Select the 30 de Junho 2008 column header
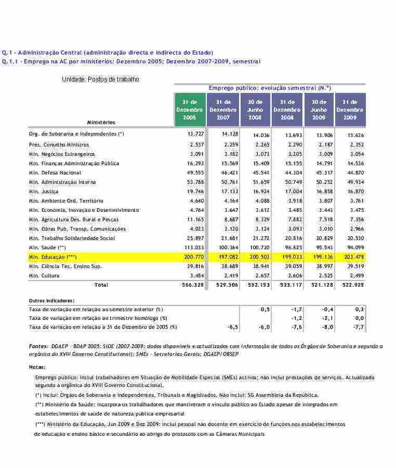(x=255, y=110)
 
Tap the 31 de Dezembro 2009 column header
(x=350, y=110)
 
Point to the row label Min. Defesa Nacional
(x=55, y=172)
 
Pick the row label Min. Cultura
(x=44, y=275)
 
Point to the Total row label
(x=101, y=285)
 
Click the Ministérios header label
(x=101, y=122)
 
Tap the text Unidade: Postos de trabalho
(x=100, y=79)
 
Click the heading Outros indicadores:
(x=51, y=300)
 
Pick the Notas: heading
(x=37, y=367)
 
